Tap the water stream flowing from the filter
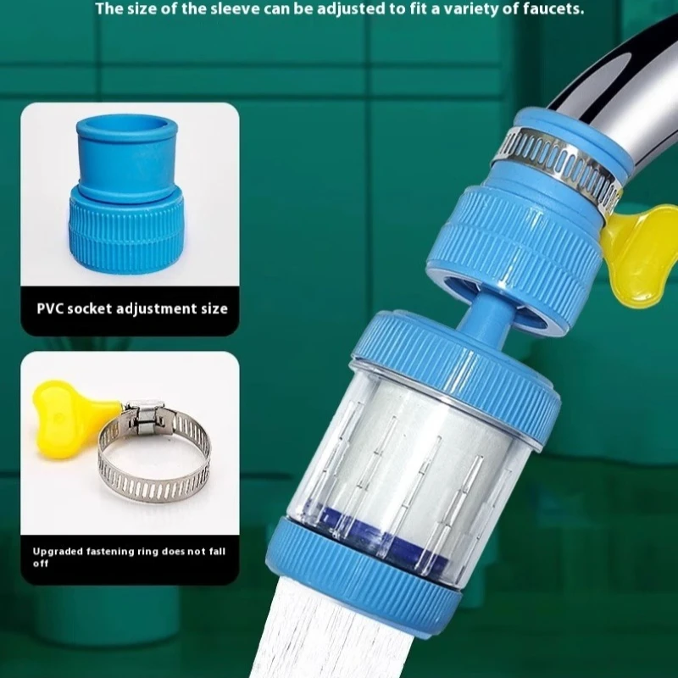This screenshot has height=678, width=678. coord(314,636)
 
